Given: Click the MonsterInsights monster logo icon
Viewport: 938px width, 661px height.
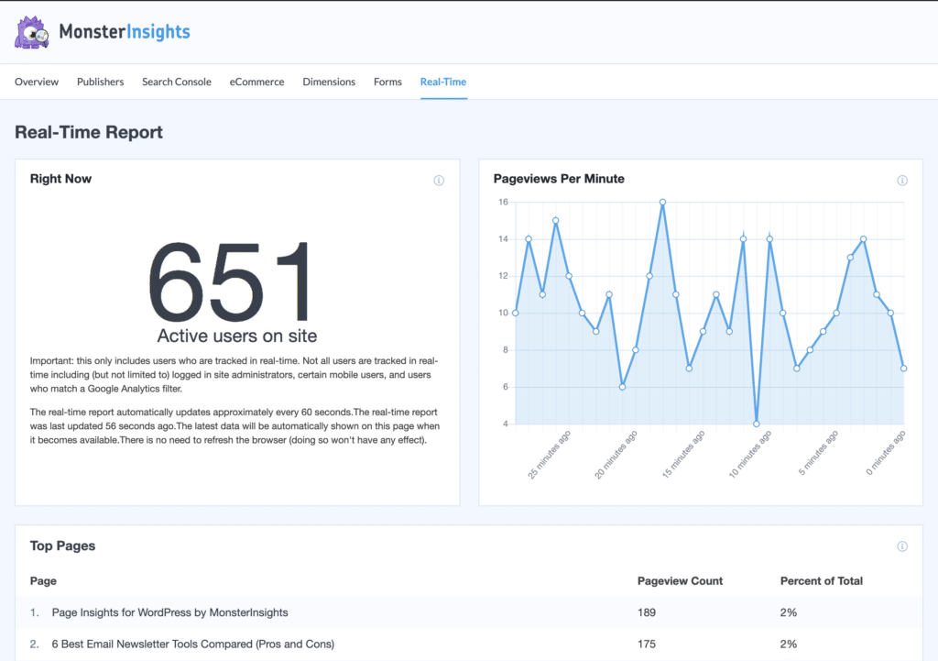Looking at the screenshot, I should [x=31, y=32].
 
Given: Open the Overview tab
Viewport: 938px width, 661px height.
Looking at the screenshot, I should [x=37, y=82].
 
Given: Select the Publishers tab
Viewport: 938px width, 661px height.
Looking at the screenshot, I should [x=100, y=82].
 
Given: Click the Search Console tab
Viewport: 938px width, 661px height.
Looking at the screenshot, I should [x=176, y=82].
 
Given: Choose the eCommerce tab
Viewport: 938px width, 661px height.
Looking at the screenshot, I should [x=256, y=82].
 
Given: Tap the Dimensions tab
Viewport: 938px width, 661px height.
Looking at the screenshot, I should [x=329, y=82].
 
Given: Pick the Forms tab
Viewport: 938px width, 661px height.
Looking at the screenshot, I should [x=387, y=82].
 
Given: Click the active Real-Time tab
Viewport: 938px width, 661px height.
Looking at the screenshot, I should [x=443, y=82].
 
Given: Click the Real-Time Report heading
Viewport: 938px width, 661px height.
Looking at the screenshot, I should [x=89, y=132].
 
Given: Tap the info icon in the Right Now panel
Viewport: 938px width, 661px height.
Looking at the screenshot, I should [x=439, y=181].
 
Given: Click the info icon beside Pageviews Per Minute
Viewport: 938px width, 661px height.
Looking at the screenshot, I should [x=902, y=181].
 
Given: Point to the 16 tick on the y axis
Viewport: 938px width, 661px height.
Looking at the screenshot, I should [x=503, y=202].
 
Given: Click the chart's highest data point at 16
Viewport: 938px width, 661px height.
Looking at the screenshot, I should [x=662, y=202].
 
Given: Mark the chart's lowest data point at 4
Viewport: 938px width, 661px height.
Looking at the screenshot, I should [x=757, y=424].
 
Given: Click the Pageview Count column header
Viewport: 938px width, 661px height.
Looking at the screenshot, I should [x=680, y=580].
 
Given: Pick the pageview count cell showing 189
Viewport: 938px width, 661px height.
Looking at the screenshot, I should [x=647, y=611].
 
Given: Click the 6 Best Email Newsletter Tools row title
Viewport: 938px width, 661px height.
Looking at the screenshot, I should [x=192, y=644].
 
